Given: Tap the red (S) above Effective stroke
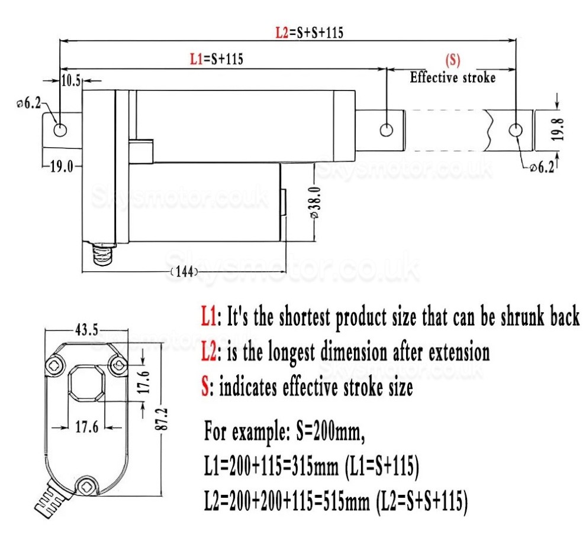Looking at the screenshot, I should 452,60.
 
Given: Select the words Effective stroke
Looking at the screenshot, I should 453,77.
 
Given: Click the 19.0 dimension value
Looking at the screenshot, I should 60,167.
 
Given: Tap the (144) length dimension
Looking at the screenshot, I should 183,272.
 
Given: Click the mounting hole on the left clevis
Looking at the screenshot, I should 60,129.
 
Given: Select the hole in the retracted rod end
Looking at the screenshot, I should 386,129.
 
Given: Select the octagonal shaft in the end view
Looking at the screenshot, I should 86,384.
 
